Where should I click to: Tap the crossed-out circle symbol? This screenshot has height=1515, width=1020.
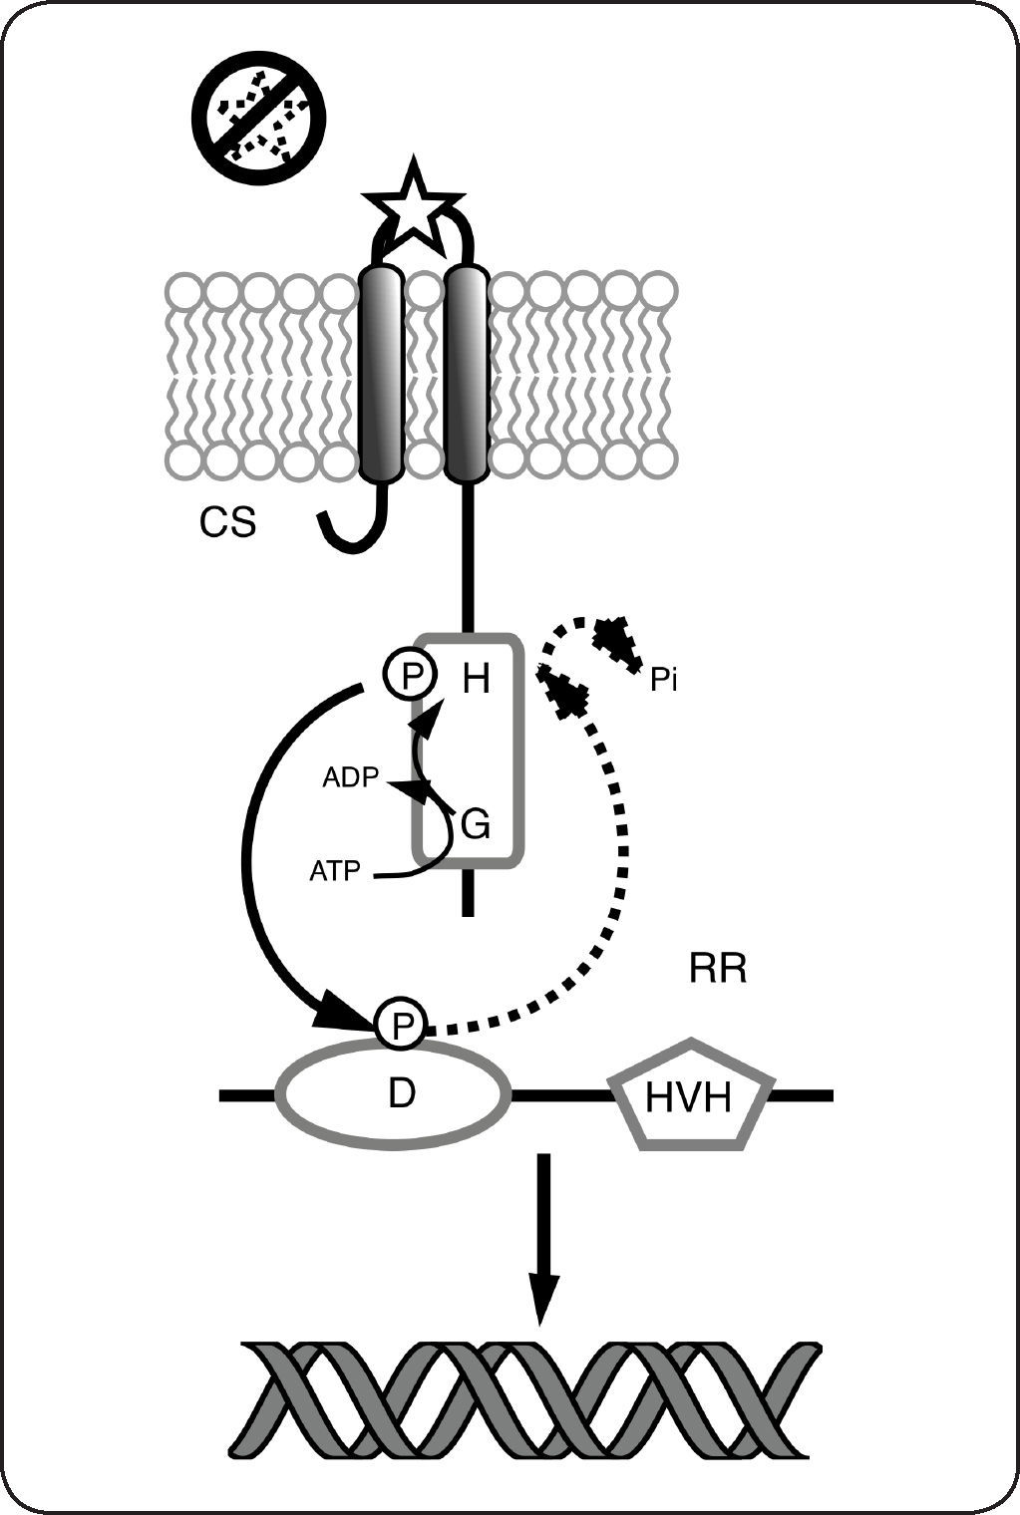point(259,118)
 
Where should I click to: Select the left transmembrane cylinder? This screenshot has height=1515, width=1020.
point(380,374)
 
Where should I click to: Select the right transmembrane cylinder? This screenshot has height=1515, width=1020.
point(466,374)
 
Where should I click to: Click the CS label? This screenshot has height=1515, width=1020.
point(227,522)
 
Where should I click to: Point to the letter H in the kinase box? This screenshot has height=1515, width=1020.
point(477,680)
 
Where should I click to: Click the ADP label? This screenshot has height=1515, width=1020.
point(351,777)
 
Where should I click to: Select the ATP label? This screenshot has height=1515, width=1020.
point(335,871)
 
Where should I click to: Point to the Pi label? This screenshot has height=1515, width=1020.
point(663,682)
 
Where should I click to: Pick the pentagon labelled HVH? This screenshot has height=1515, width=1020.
point(690,1096)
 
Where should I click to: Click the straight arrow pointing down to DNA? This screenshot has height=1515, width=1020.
point(543,1236)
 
